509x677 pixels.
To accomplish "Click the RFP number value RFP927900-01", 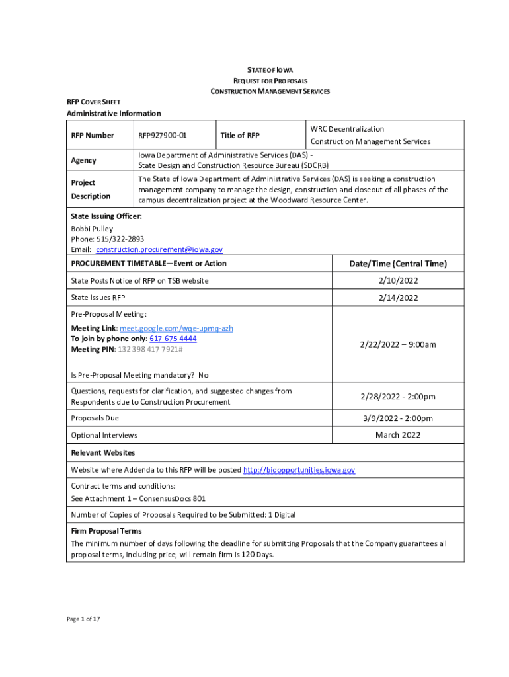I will [x=163, y=136].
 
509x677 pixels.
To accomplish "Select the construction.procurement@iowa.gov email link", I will [x=159, y=249].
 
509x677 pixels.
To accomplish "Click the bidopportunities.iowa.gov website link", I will [x=299, y=470].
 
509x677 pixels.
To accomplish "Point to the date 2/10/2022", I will [x=398, y=281].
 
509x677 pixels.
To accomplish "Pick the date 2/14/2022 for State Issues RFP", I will [x=398, y=298].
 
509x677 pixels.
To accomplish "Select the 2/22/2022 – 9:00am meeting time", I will [x=398, y=344].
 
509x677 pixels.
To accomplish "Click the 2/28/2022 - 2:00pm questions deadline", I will [x=398, y=397].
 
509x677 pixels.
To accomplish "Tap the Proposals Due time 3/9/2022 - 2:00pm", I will [x=398, y=418].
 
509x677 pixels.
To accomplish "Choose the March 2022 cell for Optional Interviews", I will [x=398, y=435].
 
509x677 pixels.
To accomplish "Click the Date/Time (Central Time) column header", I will [x=398, y=264].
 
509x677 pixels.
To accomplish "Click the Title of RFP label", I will [x=240, y=136].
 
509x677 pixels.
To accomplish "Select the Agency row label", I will [x=83, y=160].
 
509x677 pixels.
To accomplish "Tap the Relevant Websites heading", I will [x=102, y=453].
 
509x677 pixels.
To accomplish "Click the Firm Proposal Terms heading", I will [x=106, y=531].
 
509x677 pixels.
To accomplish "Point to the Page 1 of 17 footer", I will [x=83, y=619].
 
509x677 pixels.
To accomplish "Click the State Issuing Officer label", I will [x=106, y=216].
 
